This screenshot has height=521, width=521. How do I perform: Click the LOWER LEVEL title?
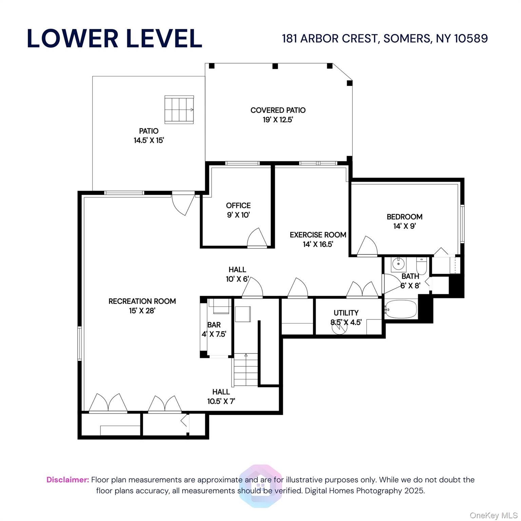114,38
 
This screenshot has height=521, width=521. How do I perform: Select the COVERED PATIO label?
278,110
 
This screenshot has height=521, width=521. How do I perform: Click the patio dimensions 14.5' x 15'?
149,140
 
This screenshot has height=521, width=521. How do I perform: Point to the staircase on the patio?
179,110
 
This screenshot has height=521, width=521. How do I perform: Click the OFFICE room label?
238,206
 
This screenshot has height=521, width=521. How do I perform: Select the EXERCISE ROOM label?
318,235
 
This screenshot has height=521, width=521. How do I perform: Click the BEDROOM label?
404,217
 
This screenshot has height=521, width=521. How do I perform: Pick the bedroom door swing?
367,246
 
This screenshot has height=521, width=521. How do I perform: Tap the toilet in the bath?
422,266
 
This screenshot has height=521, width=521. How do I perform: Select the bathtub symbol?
401,309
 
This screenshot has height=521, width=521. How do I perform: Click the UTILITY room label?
346,313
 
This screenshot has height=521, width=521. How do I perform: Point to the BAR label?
214,325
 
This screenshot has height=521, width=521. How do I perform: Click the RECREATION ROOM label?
142,301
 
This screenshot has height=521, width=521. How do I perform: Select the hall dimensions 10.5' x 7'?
221,401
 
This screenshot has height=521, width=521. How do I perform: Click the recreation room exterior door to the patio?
184,204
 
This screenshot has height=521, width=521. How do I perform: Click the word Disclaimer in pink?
67,480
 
